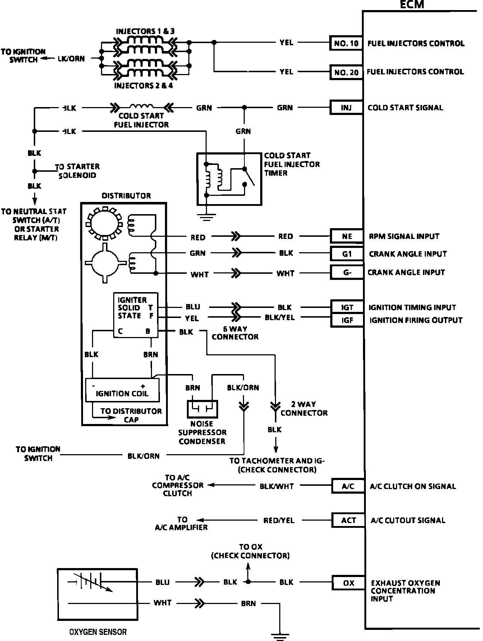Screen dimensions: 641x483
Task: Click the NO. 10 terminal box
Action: point(346,43)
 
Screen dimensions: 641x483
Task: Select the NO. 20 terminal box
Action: point(346,72)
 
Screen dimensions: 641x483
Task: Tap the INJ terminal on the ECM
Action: point(346,107)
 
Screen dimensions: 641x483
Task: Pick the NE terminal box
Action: point(347,236)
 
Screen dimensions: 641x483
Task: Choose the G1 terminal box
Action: point(347,254)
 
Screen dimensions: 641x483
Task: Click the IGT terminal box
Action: point(347,308)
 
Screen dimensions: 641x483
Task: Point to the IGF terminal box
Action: point(347,320)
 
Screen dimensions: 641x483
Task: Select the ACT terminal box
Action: point(348,520)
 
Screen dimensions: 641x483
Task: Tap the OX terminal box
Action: point(348,583)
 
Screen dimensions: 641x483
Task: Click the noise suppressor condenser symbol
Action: point(202,408)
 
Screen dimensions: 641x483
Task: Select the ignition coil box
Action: point(122,390)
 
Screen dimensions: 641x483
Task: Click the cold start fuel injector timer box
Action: point(229,179)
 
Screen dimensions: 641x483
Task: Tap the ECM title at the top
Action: point(412,5)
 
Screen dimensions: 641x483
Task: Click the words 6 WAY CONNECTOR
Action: point(235,333)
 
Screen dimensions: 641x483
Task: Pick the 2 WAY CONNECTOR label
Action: point(304,409)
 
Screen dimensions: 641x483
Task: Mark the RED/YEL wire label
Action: point(279,520)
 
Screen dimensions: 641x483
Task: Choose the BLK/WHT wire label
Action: point(277,486)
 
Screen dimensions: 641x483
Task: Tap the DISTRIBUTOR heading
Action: point(126,196)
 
